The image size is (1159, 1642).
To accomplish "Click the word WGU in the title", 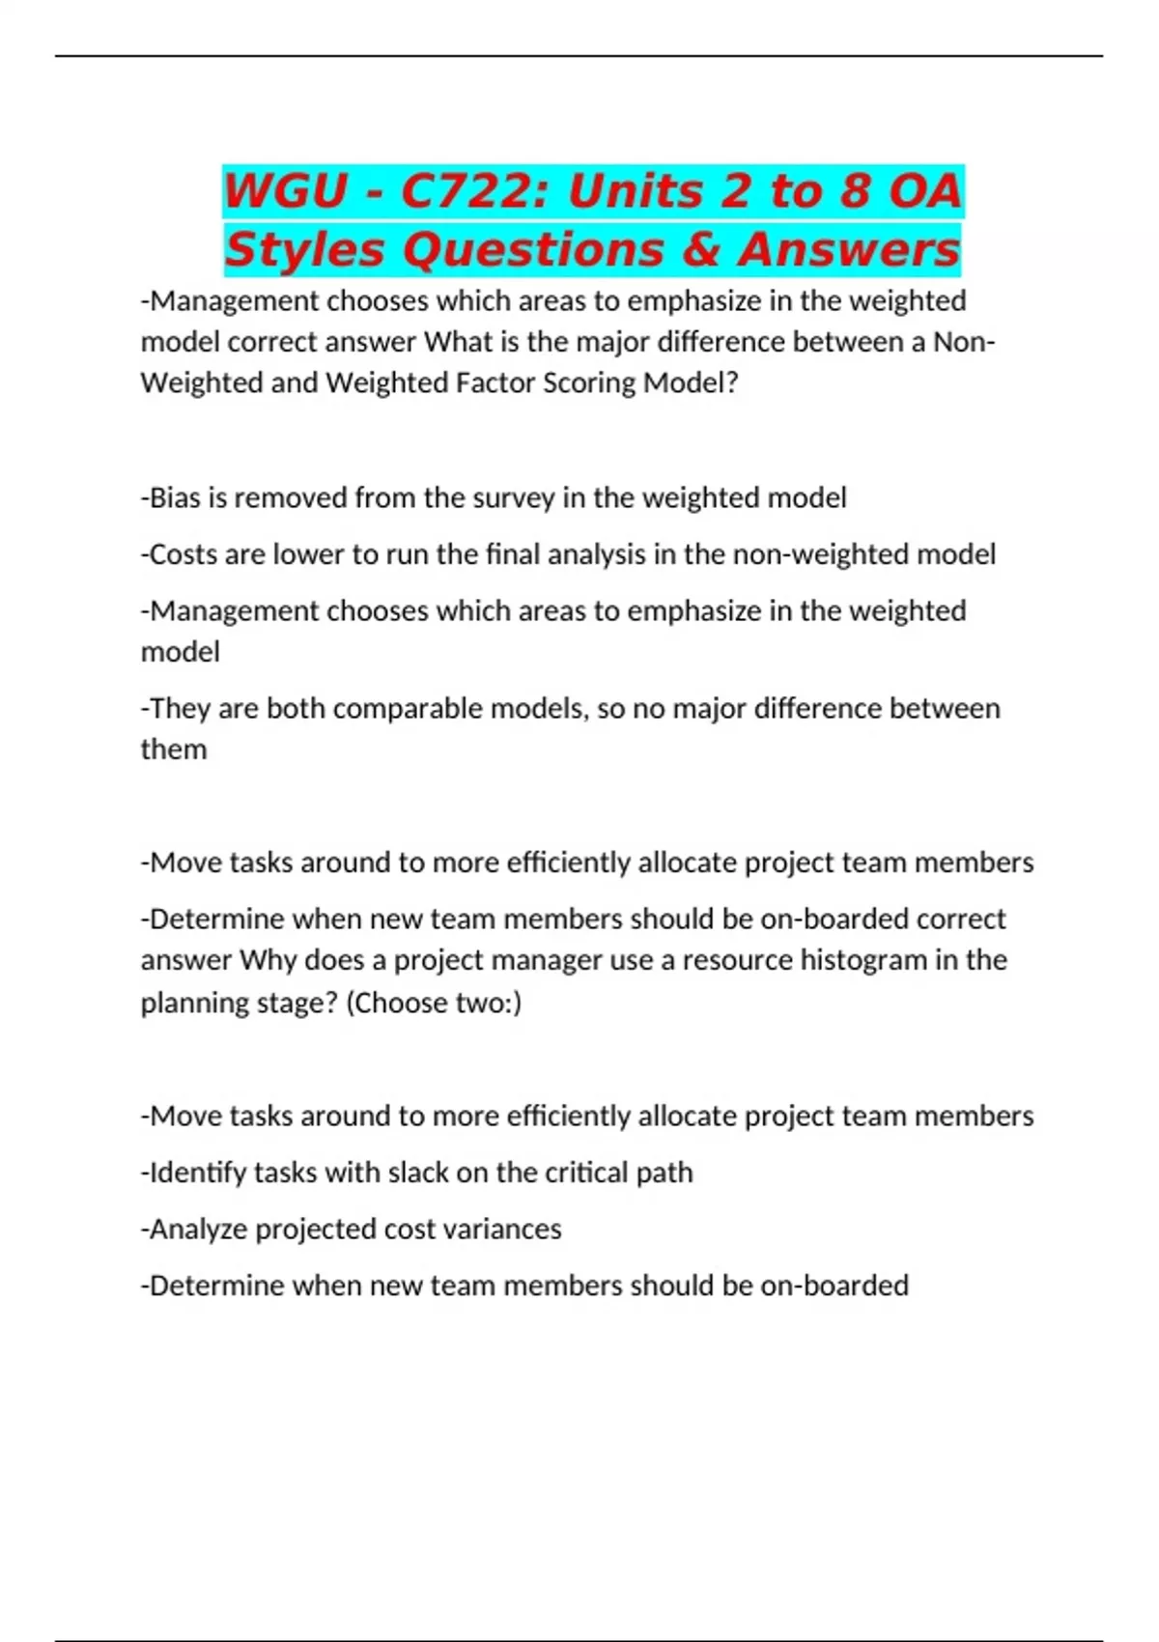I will coord(286,190).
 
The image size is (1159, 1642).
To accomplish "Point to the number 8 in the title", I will coord(854,190).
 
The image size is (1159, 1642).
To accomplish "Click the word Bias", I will coord(173,497).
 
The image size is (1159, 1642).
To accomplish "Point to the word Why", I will coord(268,960).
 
